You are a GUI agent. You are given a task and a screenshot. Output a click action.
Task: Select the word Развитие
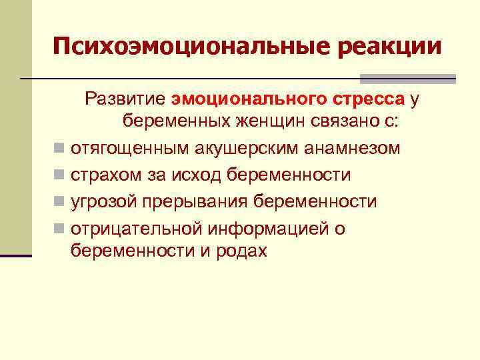click(125, 99)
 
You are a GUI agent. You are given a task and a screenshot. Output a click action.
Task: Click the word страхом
click(103, 175)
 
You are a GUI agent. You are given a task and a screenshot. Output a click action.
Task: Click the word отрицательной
click(136, 228)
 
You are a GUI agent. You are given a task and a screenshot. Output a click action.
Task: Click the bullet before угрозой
click(60, 202)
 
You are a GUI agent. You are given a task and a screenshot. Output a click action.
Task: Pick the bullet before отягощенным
click(60, 149)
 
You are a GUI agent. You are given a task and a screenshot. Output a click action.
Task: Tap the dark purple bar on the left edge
click(16, 255)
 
